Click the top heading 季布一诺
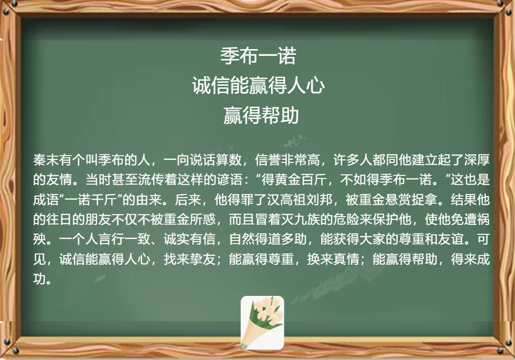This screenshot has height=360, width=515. click(x=258, y=55)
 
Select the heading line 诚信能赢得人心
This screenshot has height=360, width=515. click(x=259, y=85)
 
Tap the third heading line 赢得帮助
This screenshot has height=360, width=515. click(x=261, y=115)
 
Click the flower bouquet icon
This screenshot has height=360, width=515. click(x=262, y=323)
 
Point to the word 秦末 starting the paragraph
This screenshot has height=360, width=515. click(x=46, y=160)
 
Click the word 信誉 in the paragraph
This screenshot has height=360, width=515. click(x=268, y=160)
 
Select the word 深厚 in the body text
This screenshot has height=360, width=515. click(x=477, y=160)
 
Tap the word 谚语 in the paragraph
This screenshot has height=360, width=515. click(x=229, y=179)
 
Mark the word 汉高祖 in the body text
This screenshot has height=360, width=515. click(x=287, y=200)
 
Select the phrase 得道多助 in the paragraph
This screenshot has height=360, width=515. click(x=281, y=239)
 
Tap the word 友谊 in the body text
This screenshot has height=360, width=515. click(x=451, y=239)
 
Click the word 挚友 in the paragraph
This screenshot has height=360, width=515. click(x=203, y=259)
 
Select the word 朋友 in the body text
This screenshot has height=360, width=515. click(x=98, y=219)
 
